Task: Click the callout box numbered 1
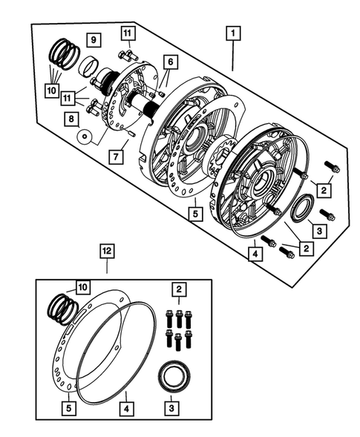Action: (233, 33)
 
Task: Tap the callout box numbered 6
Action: (170, 62)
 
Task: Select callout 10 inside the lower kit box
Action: (80, 288)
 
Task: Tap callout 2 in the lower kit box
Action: (178, 289)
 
